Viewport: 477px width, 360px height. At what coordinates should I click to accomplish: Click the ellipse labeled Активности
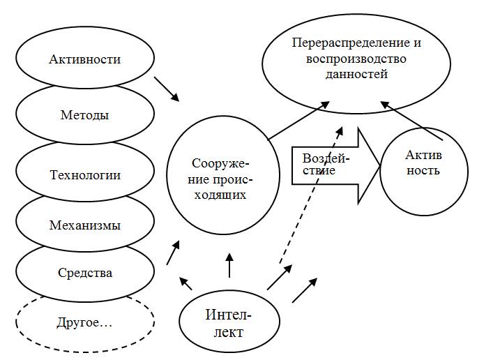coord(85,59)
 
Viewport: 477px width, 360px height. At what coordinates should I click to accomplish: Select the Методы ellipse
coord(85,114)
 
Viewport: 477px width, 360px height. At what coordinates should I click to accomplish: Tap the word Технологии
coord(85,175)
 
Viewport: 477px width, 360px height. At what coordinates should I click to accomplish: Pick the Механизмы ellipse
coord(85,225)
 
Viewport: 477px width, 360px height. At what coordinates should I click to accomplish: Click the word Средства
coord(85,273)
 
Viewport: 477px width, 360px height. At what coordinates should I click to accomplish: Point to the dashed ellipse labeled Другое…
coord(85,324)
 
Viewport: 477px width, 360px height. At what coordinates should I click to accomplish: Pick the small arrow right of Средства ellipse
coord(173,253)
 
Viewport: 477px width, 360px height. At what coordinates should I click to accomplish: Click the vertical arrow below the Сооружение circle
coord(229,264)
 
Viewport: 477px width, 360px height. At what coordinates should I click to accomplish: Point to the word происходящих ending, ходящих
coord(219,195)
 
